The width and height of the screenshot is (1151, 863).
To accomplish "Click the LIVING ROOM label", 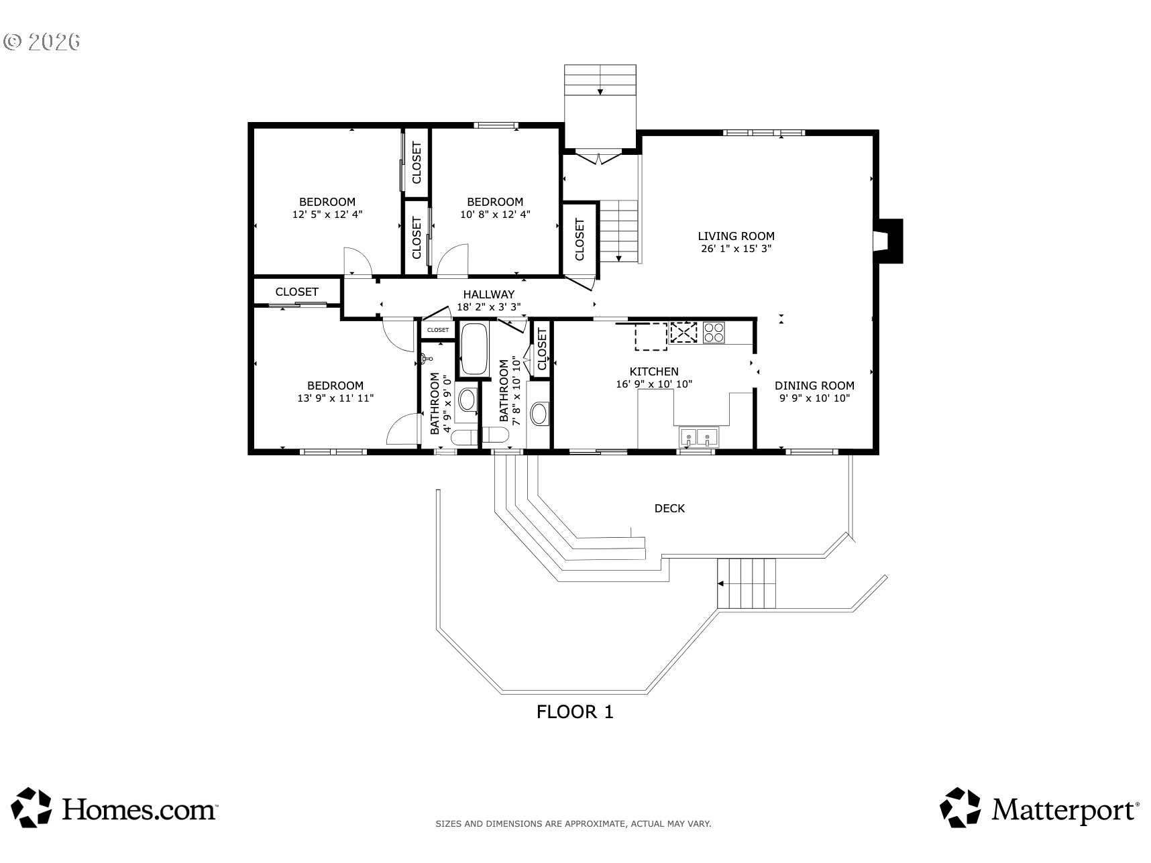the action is tap(736, 236).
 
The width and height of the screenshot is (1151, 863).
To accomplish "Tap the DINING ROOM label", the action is tap(814, 386).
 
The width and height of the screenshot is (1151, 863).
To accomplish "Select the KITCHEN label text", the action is tap(654, 371).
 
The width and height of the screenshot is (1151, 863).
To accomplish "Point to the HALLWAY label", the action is tap(489, 294).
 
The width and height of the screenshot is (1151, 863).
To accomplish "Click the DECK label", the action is tap(669, 508).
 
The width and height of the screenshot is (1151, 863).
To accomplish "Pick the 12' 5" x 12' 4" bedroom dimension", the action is tap(327, 215).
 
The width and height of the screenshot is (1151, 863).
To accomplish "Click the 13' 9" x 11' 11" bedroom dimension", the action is tap(335, 398).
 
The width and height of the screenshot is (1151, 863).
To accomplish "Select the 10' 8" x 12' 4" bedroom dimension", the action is tap(495, 215).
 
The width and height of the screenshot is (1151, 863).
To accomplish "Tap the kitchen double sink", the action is tap(698, 437).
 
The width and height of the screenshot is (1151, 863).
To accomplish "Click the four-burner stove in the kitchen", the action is tap(714, 333).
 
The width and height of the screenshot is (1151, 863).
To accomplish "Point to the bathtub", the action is tap(474, 349).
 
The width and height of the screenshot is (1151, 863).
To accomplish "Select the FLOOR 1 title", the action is tap(575, 712).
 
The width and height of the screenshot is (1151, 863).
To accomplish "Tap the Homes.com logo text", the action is tap(140, 809).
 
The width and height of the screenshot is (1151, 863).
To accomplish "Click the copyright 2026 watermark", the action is tap(42, 42).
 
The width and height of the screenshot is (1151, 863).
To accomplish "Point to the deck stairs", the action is tap(747, 583).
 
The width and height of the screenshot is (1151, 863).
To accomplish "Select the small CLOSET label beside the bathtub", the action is tap(438, 330).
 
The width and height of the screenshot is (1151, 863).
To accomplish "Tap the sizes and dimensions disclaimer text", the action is tap(573, 824).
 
